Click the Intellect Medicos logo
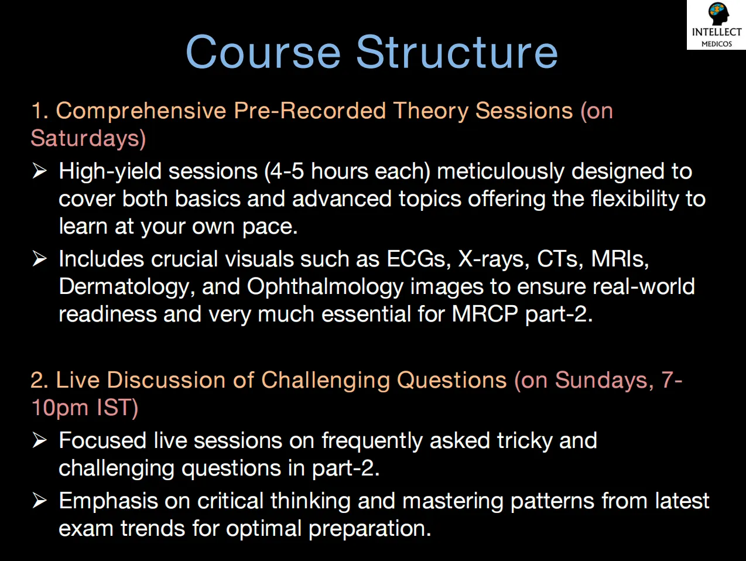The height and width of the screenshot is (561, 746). click(716, 25)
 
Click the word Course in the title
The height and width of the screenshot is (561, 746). click(263, 52)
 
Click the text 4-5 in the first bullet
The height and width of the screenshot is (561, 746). click(287, 172)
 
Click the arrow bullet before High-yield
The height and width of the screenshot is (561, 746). click(39, 171)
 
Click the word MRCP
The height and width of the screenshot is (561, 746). click(485, 314)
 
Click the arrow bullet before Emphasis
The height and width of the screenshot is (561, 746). click(39, 501)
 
